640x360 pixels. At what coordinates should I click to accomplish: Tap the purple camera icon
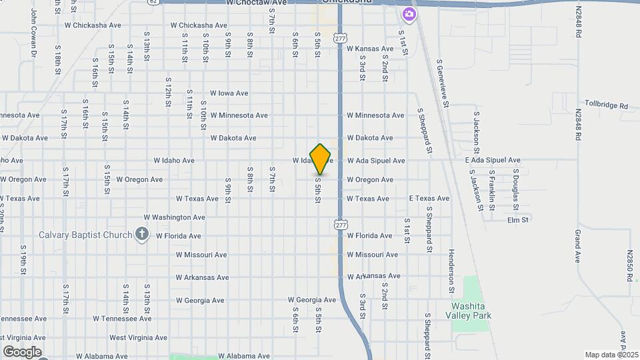click(x=409, y=14)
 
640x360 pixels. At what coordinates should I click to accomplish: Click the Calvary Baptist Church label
click(x=86, y=235)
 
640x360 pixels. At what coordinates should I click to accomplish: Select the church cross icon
click(x=141, y=234)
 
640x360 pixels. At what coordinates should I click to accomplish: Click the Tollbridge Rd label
click(x=606, y=105)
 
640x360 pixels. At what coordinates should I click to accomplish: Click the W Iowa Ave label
click(x=229, y=93)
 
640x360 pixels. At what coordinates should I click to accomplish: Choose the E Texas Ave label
click(x=429, y=199)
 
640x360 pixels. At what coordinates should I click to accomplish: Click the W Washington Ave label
click(x=174, y=217)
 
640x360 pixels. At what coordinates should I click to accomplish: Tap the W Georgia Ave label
click(x=312, y=300)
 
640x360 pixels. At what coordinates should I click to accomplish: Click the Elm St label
click(x=518, y=220)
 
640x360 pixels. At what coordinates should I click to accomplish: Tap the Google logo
click(x=22, y=352)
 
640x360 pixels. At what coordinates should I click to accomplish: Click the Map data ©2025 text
click(x=611, y=355)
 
